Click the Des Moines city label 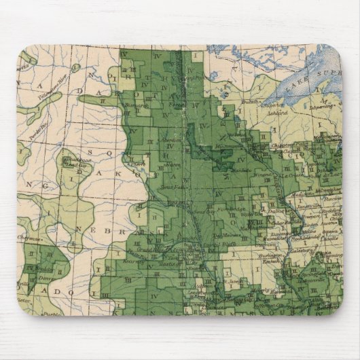coord(216,236)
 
